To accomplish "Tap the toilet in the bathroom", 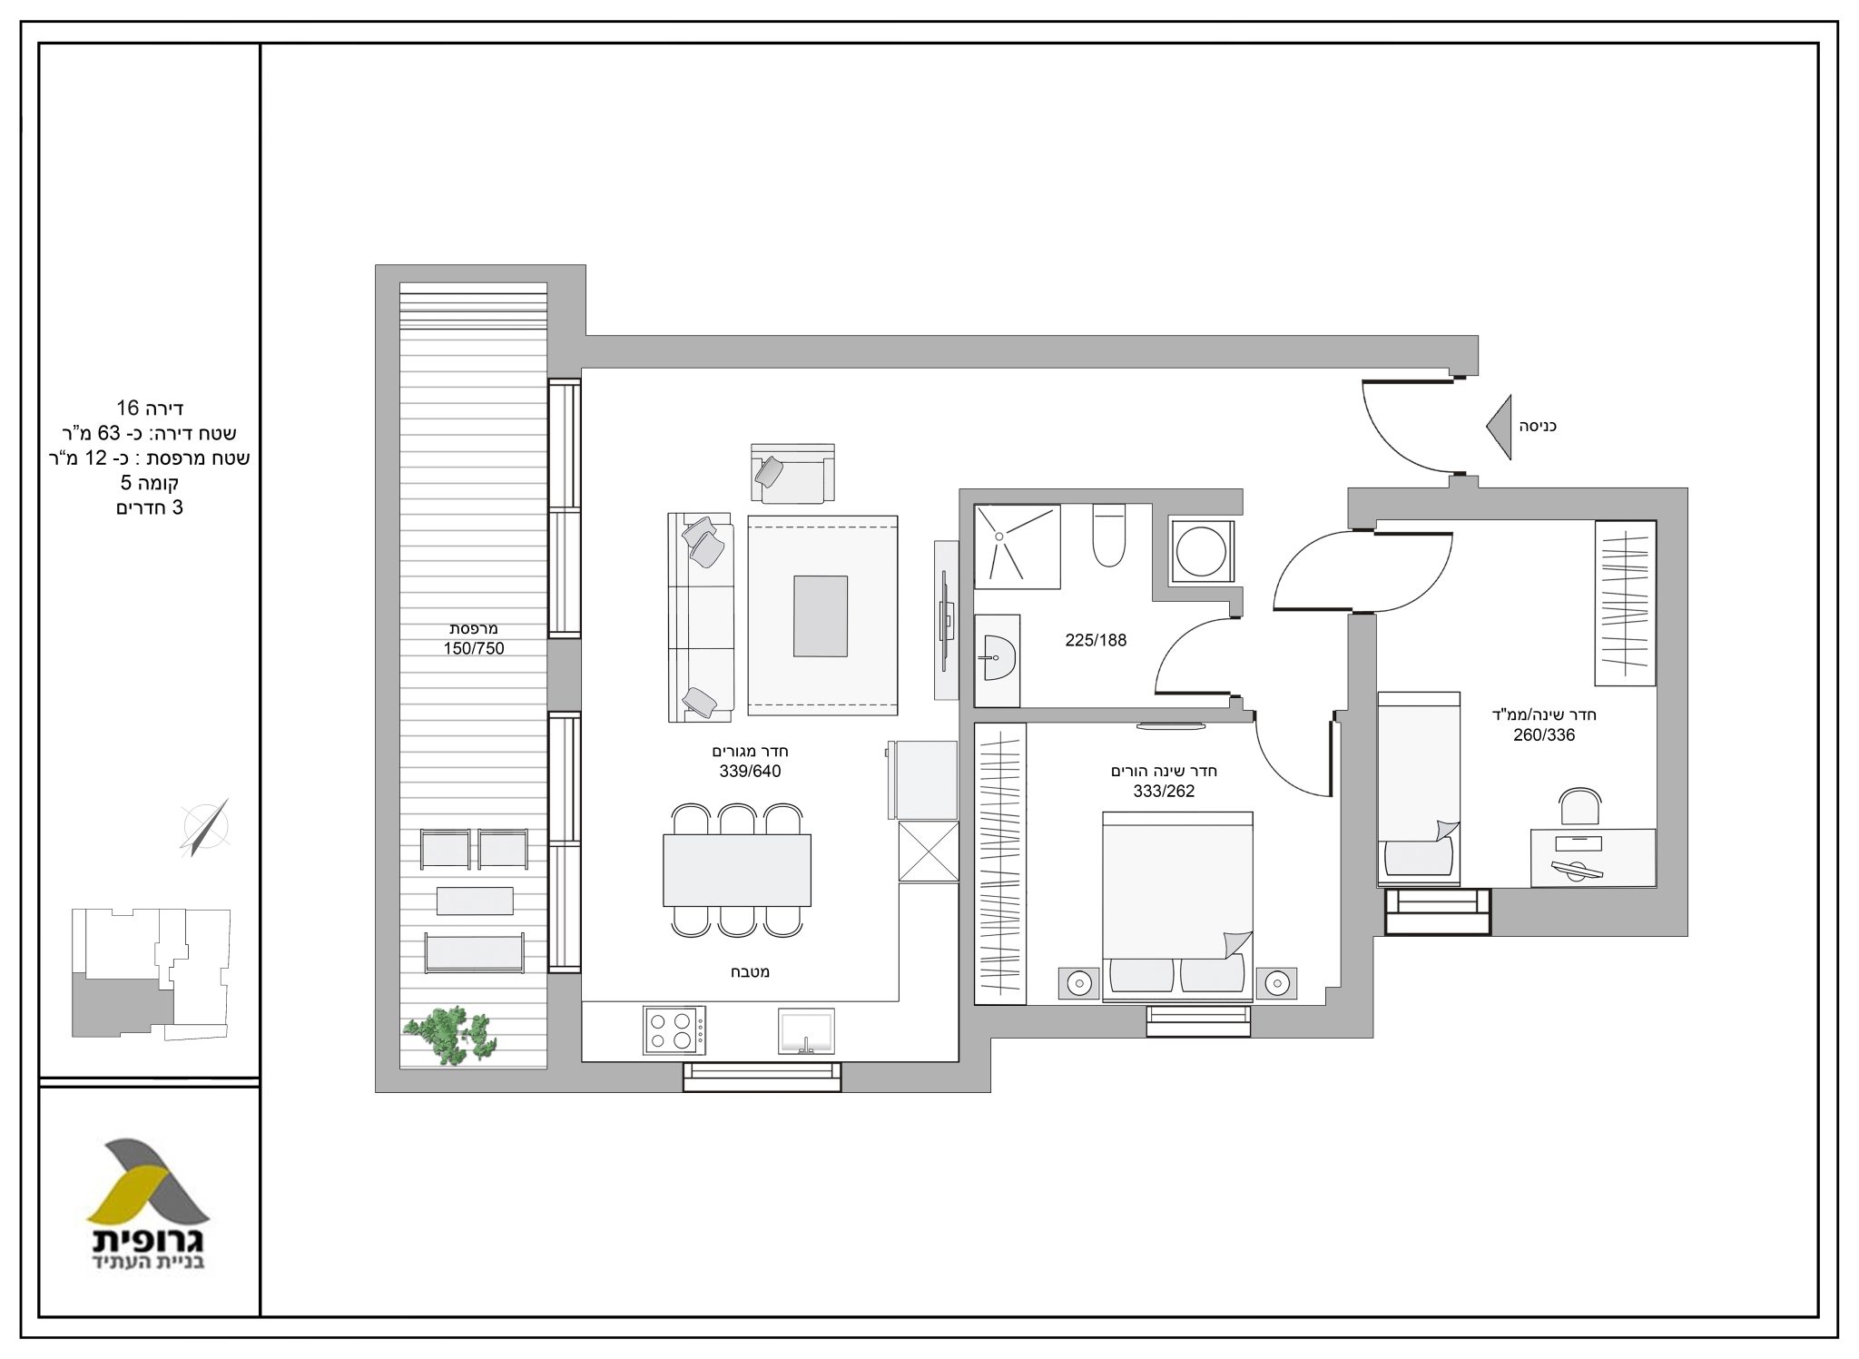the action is [1109, 536].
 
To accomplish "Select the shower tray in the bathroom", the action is [1017, 543].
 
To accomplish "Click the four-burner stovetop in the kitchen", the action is [674, 1029].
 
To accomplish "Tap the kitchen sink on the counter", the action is [805, 1030].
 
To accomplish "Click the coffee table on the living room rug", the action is [821, 615].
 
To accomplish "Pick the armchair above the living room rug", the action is [792, 473].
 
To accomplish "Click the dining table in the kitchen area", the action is [736, 870].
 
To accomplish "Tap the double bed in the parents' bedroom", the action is [1177, 907].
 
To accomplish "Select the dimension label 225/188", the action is [1096, 640].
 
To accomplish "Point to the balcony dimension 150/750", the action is [474, 648].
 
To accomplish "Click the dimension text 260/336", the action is [1544, 735].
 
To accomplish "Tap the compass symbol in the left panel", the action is [206, 827].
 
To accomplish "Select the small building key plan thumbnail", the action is [152, 972].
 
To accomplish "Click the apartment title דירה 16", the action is [151, 408].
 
